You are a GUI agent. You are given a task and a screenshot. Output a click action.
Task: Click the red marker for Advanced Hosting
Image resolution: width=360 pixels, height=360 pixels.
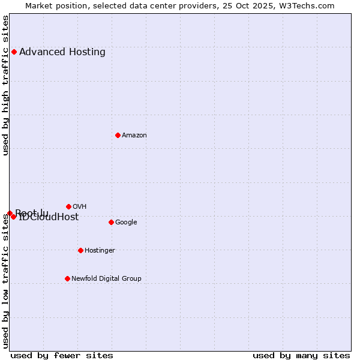click(14, 52)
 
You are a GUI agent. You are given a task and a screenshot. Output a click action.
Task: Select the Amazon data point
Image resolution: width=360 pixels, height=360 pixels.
click(118, 135)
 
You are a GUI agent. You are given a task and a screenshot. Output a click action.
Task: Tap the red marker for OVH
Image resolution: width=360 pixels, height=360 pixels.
click(68, 206)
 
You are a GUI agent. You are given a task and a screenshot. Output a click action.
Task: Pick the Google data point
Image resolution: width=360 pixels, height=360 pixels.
click(111, 222)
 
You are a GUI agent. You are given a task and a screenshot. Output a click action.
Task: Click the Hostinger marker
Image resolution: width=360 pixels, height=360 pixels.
click(80, 250)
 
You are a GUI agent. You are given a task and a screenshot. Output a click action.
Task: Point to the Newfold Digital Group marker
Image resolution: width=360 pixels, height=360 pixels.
click(67, 278)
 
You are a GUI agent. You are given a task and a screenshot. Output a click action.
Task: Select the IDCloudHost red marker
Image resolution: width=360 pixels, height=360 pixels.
click(14, 217)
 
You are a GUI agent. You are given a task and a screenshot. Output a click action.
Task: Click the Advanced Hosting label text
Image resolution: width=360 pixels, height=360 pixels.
click(62, 52)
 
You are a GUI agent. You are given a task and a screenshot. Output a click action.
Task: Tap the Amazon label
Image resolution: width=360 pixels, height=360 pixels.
click(134, 135)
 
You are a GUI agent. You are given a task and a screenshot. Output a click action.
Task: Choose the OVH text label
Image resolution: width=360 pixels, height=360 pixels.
click(80, 206)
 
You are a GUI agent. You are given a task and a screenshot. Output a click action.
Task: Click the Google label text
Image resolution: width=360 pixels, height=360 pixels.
click(126, 222)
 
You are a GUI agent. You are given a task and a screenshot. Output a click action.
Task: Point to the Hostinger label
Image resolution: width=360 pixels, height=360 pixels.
click(100, 250)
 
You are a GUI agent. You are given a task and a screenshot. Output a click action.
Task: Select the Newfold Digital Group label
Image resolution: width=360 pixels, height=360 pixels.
click(106, 278)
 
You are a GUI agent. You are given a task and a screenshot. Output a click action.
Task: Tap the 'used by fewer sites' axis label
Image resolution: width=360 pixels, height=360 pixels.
click(62, 355)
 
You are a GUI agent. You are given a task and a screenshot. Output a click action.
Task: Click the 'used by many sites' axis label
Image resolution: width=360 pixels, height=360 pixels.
click(301, 355)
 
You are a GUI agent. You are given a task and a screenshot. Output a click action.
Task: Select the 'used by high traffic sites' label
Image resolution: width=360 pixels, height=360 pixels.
click(5, 85)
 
